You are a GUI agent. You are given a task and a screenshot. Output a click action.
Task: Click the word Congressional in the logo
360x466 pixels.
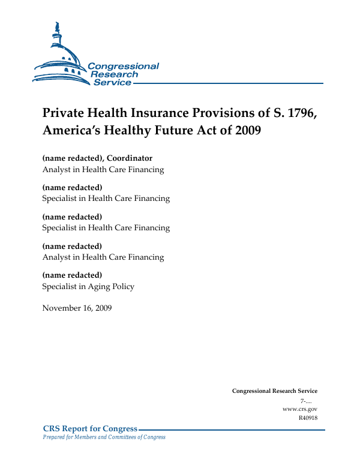point(123,67)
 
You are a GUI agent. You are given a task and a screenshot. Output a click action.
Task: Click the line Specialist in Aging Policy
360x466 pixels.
point(88,287)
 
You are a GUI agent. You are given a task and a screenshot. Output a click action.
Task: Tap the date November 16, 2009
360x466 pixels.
point(77,308)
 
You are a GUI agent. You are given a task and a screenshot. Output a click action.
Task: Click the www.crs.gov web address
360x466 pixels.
point(299,409)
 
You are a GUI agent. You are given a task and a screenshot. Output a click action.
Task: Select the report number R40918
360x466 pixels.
point(307,417)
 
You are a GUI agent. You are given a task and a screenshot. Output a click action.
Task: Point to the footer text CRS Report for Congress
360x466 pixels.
point(90,429)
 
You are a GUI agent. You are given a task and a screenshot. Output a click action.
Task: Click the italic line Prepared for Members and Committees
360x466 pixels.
point(104,437)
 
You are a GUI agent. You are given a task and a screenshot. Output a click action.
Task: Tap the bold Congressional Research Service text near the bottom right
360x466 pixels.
point(274,391)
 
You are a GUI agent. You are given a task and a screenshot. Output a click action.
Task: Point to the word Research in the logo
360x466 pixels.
point(114,74)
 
